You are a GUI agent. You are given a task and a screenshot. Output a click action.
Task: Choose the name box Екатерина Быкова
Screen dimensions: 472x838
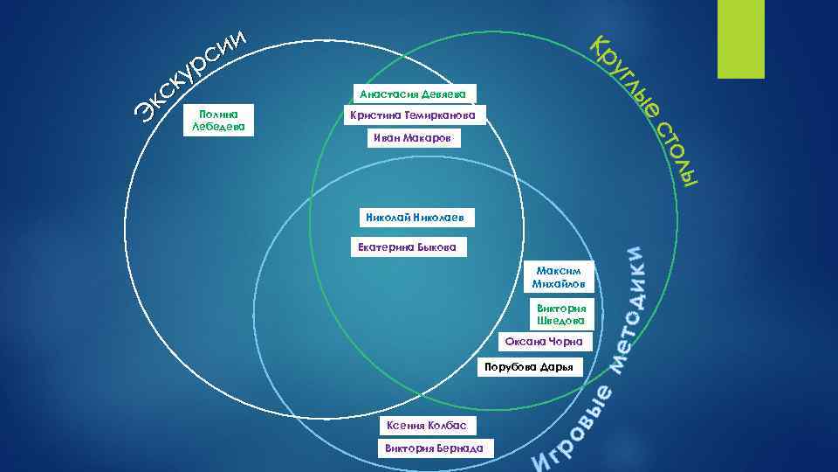[407, 247]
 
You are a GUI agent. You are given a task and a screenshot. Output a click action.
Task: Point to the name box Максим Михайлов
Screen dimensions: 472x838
[559, 277]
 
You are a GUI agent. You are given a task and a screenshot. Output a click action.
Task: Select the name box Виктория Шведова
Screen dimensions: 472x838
[560, 315]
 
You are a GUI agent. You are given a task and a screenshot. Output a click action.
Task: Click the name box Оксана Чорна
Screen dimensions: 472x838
[549, 342]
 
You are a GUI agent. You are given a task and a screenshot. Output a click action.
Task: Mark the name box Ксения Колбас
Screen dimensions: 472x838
[427, 426]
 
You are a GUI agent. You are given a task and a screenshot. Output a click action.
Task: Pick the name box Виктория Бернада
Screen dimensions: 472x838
[434, 448]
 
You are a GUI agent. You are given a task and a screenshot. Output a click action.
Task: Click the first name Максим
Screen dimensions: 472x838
[559, 270]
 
